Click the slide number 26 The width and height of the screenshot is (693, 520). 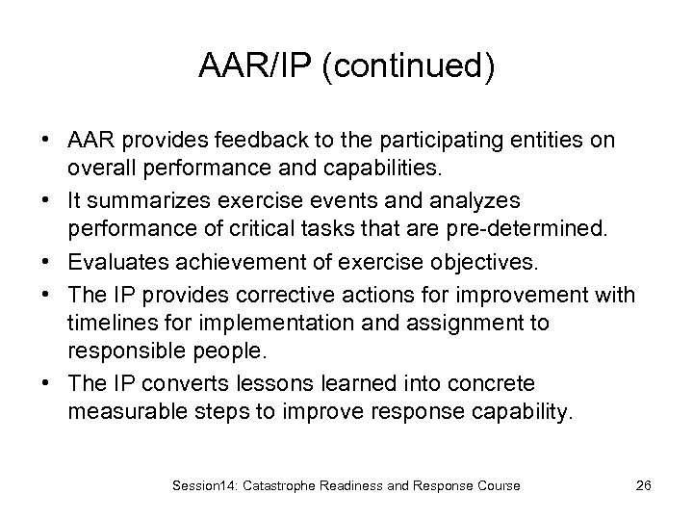click(x=644, y=485)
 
